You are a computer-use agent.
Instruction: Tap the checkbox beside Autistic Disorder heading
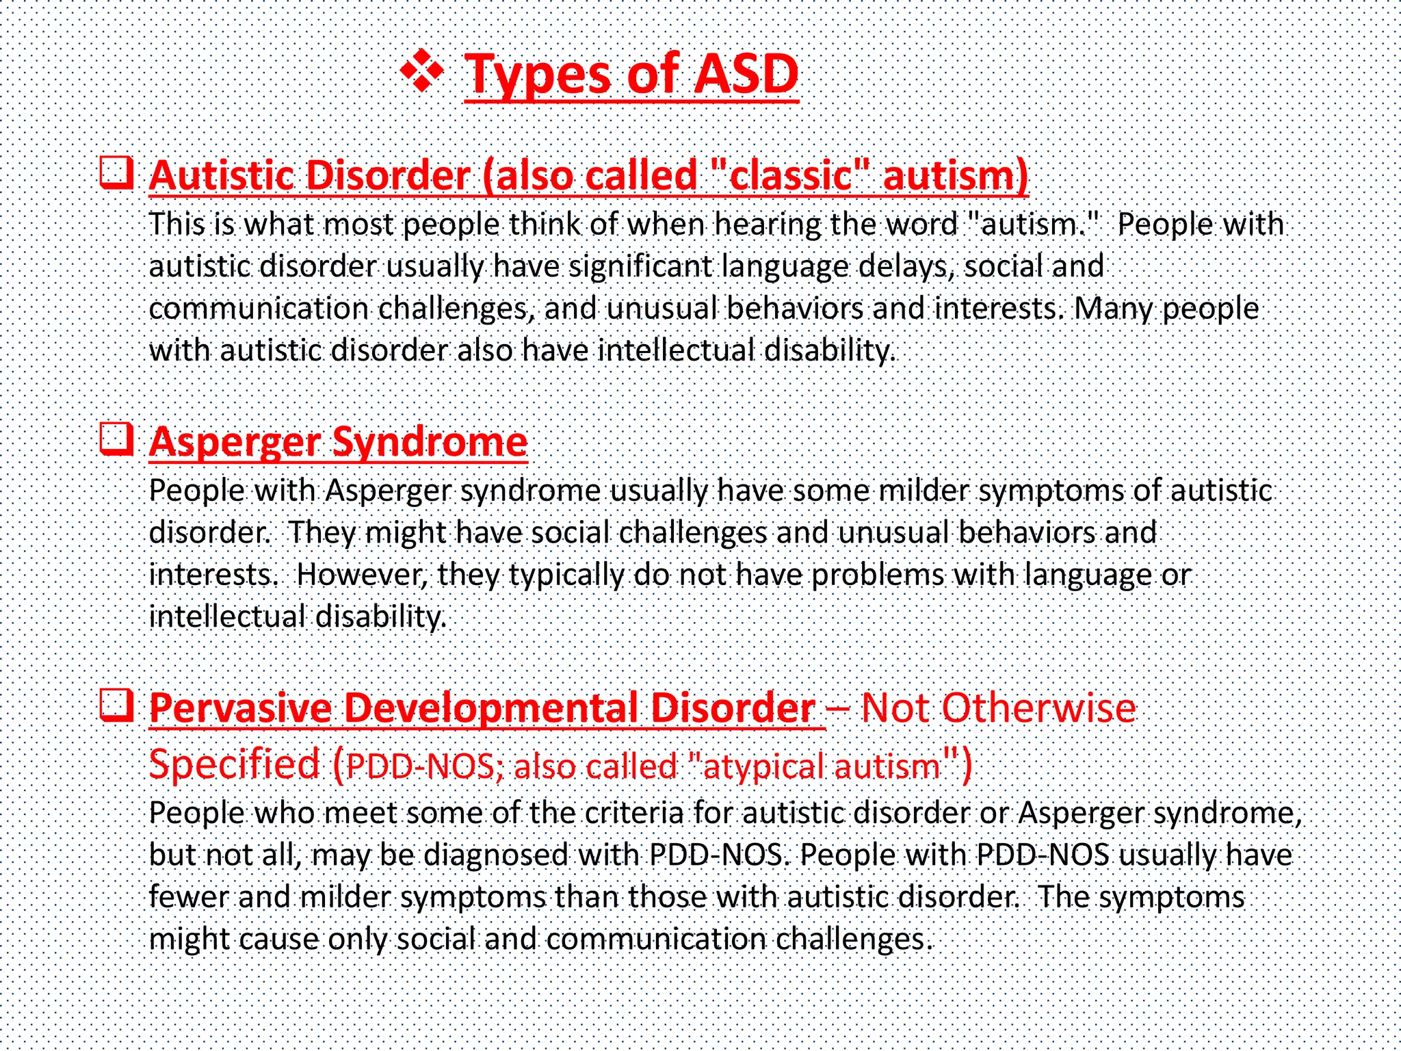click(x=116, y=172)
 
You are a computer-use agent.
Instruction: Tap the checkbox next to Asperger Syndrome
click(x=116, y=438)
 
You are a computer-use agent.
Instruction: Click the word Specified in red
click(x=235, y=764)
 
